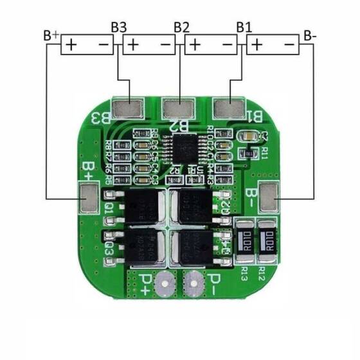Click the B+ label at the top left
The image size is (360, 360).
tap(51, 35)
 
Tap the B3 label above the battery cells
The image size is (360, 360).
tap(119, 28)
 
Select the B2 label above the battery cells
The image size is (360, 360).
tap(182, 28)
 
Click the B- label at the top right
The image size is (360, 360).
tap(310, 35)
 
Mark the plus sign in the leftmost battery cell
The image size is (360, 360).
tap(71, 45)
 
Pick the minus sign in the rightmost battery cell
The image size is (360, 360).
tap(289, 45)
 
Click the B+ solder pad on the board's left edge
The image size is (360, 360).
tap(87, 198)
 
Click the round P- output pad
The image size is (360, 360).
tap(192, 280)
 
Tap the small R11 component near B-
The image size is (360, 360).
tap(246, 154)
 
